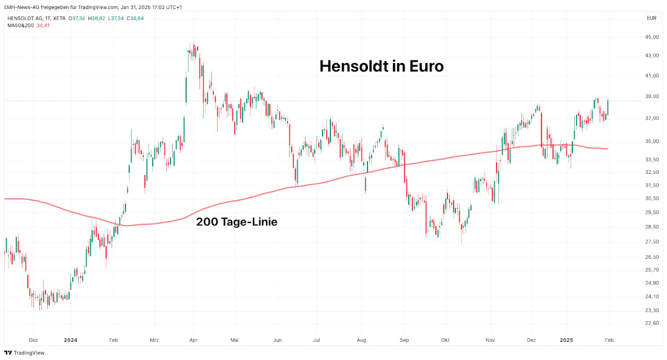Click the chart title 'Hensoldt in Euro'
click(381, 66)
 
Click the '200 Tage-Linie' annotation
click(236, 222)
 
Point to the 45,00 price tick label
click(651, 38)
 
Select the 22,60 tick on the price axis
click(651, 323)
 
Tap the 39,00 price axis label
click(651, 96)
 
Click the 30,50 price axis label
click(651, 199)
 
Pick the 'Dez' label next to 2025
click(532, 340)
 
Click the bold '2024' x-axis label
click(70, 340)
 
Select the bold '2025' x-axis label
click(567, 340)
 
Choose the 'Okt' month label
click(446, 340)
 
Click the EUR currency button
click(651, 18)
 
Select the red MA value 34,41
click(44, 25)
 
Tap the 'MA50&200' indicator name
click(20, 25)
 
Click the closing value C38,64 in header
click(135, 18)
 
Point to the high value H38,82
click(96, 18)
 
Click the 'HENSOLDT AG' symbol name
click(25, 18)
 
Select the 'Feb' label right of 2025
click(609, 340)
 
